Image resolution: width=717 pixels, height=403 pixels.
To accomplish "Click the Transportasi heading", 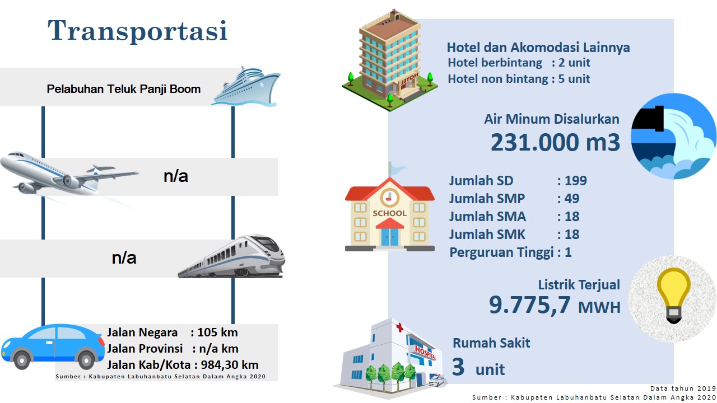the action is pyautogui.click(x=138, y=30).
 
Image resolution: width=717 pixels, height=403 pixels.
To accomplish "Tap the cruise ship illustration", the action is pyautogui.click(x=246, y=86).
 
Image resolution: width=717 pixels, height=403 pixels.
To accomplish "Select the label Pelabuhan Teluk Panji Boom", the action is pyautogui.click(x=124, y=89).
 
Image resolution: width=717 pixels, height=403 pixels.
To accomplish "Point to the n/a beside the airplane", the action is pyautogui.click(x=176, y=176).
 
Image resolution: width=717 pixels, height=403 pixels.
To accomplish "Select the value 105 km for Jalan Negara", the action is pyautogui.click(x=217, y=332).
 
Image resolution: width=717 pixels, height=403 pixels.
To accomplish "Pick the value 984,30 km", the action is pyautogui.click(x=230, y=364).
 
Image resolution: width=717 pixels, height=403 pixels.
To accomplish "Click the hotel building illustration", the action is pyautogui.click(x=390, y=61).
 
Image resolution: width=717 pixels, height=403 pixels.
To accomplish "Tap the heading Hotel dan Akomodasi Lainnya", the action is pyautogui.click(x=538, y=48).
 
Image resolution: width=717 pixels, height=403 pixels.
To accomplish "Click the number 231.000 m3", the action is pyautogui.click(x=555, y=142).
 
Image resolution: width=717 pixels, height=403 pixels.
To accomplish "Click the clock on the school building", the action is pyautogui.click(x=389, y=198).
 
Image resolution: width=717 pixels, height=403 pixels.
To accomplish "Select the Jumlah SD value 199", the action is pyautogui.click(x=576, y=181).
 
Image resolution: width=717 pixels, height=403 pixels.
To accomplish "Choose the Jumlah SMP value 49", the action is pyautogui.click(x=572, y=199).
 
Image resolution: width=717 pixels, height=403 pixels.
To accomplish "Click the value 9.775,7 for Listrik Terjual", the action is pyautogui.click(x=530, y=304).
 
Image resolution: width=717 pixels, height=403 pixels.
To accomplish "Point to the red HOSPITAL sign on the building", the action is pyautogui.click(x=425, y=353).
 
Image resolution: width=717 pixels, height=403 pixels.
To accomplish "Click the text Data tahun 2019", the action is pyautogui.click(x=683, y=388).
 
